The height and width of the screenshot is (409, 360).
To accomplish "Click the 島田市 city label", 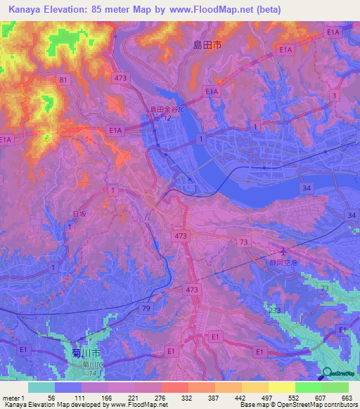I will pos(207,44).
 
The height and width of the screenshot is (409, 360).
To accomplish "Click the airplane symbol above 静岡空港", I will pos(283,252).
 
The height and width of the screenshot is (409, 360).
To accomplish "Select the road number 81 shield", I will pos(64,80).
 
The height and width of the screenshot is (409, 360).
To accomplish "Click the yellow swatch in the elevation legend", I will pos(281,387).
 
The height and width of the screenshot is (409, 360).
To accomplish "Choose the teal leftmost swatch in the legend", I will pos(41,387).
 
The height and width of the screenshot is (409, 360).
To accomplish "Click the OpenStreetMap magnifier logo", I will pos(328,374).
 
